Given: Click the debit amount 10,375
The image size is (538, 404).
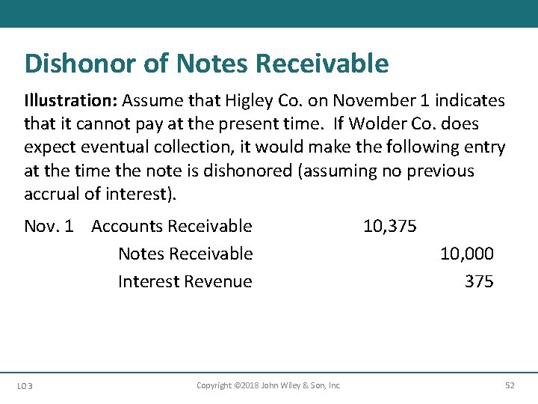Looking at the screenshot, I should point(389,226).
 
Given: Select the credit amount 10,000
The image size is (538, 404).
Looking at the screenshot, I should point(466,254).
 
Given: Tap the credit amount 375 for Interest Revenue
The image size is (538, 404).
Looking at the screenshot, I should point(478,281).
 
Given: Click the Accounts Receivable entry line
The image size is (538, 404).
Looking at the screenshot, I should point(171,226).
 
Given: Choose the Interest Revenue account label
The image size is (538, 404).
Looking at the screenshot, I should point(185,281).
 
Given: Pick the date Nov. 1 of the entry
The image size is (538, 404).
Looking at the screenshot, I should point(49,226).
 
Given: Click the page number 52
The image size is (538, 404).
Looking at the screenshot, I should point(510,385).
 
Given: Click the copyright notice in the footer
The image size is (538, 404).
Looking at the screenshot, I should point(268,385).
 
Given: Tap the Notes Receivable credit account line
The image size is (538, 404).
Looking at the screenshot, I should point(185,254).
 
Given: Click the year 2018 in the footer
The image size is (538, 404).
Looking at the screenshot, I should point(243,385).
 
